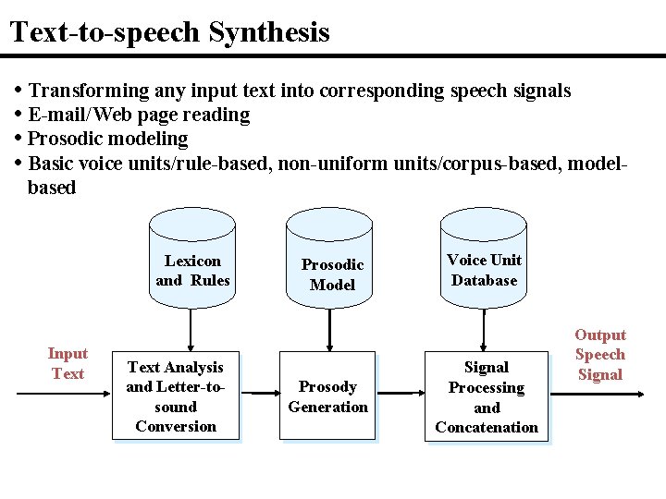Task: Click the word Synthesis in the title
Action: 269,33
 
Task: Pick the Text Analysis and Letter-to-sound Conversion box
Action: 176,396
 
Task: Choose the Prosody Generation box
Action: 328,396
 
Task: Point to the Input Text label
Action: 68,363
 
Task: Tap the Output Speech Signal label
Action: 600,355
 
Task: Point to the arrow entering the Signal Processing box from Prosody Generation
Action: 401,395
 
